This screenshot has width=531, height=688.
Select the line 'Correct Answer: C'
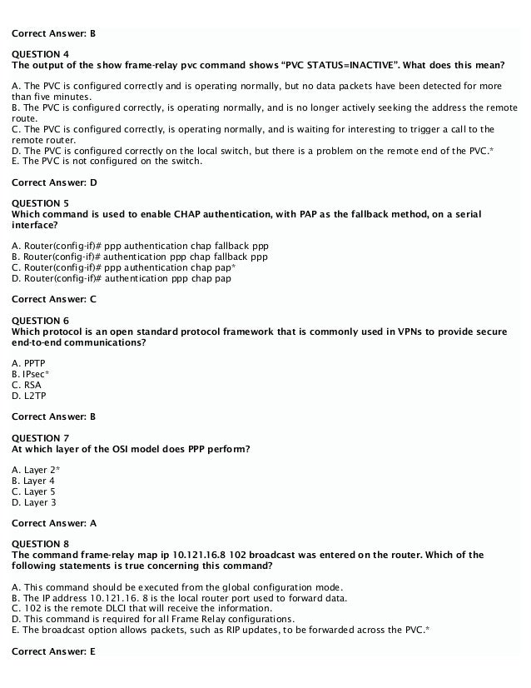[x=54, y=298]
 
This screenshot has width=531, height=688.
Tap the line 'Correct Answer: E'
[x=54, y=651]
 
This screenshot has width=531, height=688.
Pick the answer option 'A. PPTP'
[x=29, y=364]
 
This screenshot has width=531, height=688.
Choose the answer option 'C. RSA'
[x=27, y=386]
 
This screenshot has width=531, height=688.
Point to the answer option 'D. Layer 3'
[x=34, y=503]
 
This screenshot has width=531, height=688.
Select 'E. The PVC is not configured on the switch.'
[x=107, y=161]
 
